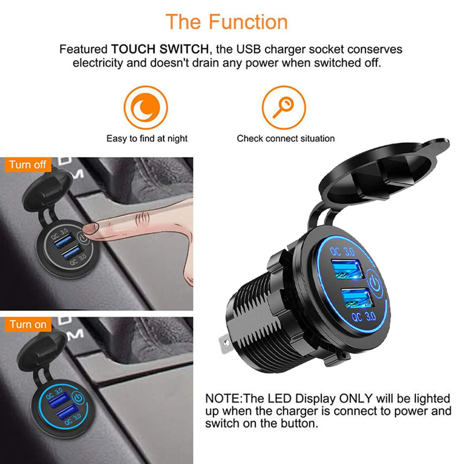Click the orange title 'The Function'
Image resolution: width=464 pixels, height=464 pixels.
[x=227, y=22]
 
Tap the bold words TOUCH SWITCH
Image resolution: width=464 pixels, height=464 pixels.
[x=160, y=49]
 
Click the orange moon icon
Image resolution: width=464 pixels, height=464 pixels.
[x=145, y=108]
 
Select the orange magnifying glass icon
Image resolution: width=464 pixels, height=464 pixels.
[x=284, y=108]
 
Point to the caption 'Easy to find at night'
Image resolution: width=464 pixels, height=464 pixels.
[x=147, y=139]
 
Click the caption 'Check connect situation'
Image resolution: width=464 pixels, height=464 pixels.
[x=285, y=139]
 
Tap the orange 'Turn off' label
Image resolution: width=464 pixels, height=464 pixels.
[x=28, y=165]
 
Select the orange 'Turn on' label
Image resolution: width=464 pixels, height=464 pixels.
[x=28, y=325]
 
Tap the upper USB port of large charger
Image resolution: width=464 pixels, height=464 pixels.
[x=347, y=269]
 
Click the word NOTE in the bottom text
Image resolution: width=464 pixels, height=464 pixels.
[x=223, y=399]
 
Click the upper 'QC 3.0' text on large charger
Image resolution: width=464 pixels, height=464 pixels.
[x=342, y=251]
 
